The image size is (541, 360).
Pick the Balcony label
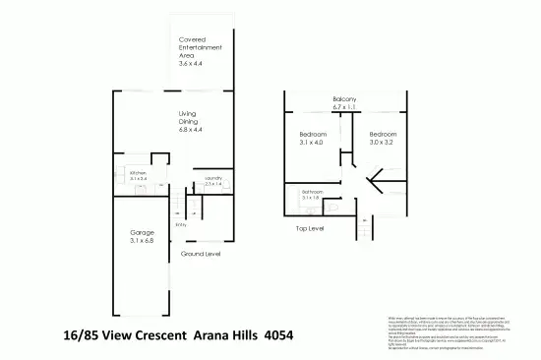[343, 99]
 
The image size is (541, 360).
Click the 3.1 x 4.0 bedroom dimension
[313, 144]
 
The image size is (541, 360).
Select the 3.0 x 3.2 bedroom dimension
[383, 144]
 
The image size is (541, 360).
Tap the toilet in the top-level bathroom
[336, 206]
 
